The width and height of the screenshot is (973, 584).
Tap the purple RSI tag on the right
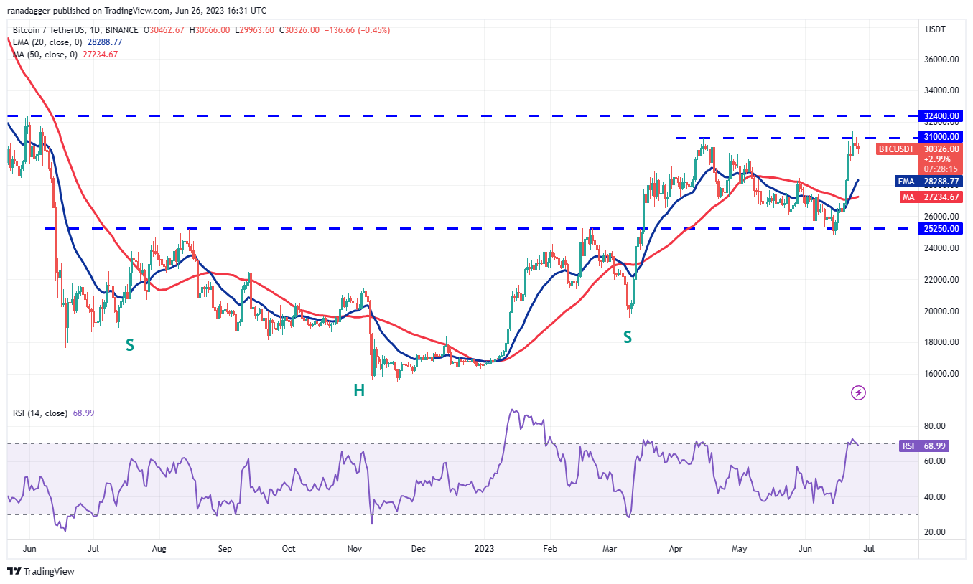[x=908, y=446]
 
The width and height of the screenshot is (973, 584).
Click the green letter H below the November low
[x=358, y=390]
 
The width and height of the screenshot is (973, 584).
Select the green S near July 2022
[x=129, y=345]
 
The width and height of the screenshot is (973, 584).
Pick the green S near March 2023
[x=628, y=336]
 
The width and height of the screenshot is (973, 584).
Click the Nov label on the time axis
[x=353, y=549]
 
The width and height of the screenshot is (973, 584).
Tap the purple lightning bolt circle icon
[x=857, y=392]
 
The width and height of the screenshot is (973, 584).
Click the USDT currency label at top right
[x=936, y=29]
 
